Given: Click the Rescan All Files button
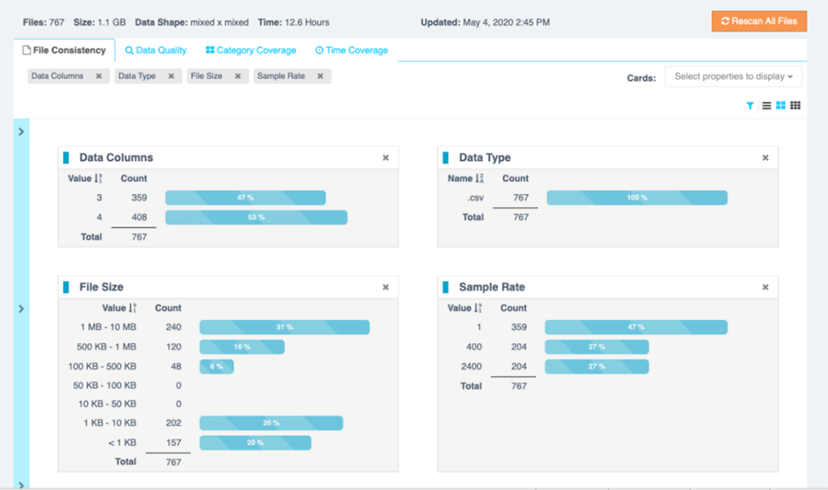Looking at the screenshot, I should [x=758, y=21].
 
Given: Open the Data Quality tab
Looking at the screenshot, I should [x=156, y=51].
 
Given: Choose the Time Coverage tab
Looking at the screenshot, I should [x=351, y=51].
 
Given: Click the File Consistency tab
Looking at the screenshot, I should [x=64, y=51].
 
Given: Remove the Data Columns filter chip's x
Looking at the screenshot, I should [x=99, y=76].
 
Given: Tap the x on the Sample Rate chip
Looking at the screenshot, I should [x=320, y=76].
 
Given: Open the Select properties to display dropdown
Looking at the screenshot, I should [x=734, y=76].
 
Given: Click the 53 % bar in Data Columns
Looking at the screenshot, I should [x=256, y=217].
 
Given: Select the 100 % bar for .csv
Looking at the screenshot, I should [x=637, y=197].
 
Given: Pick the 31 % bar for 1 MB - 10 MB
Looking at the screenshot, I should [x=284, y=327].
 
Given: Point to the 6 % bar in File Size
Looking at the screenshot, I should [x=216, y=366].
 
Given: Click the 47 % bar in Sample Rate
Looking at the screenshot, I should [x=635, y=327].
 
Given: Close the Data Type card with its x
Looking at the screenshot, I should [x=765, y=158].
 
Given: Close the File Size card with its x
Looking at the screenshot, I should [x=385, y=287].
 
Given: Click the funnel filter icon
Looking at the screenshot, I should [x=750, y=106].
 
